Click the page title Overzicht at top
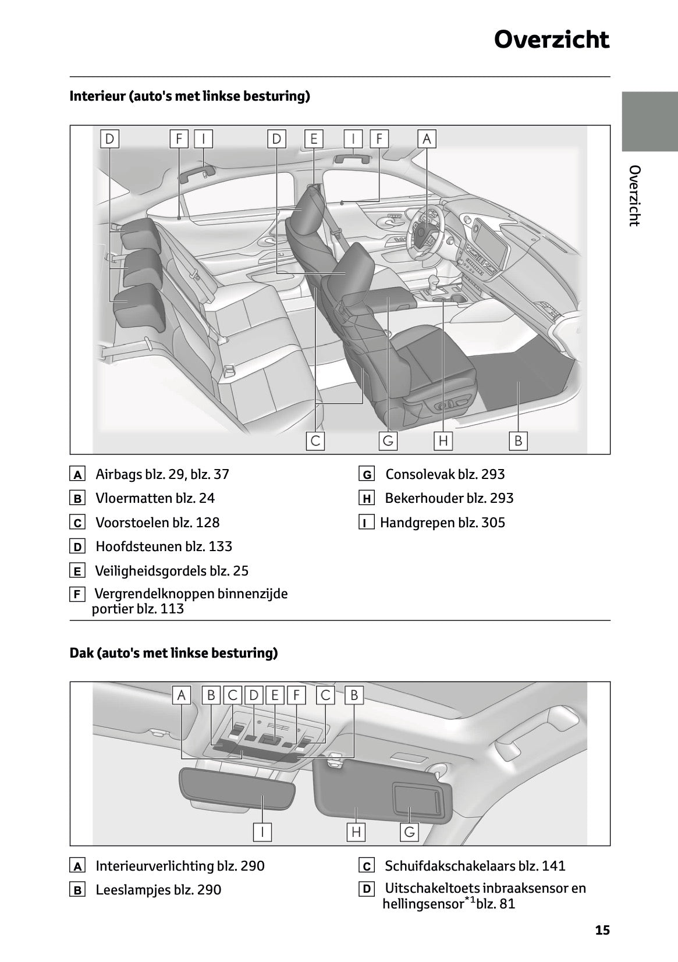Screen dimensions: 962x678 tap(551, 40)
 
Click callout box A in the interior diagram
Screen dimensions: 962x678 tap(427, 139)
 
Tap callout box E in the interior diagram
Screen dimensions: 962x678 tap(314, 139)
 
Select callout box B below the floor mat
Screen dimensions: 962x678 tap(517, 441)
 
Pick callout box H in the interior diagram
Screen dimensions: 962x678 tap(443, 441)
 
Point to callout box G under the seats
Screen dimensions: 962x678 tap(388, 441)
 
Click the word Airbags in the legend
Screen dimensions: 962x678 tap(119, 474)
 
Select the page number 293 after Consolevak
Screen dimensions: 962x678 tap(492, 474)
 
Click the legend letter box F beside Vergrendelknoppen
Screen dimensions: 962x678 tap(77, 595)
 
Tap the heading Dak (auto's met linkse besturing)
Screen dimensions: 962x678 tap(173, 653)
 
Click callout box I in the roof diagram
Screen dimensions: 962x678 tap(262, 832)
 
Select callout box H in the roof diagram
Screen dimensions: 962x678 tap(356, 832)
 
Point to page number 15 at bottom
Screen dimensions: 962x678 tap(602, 931)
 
